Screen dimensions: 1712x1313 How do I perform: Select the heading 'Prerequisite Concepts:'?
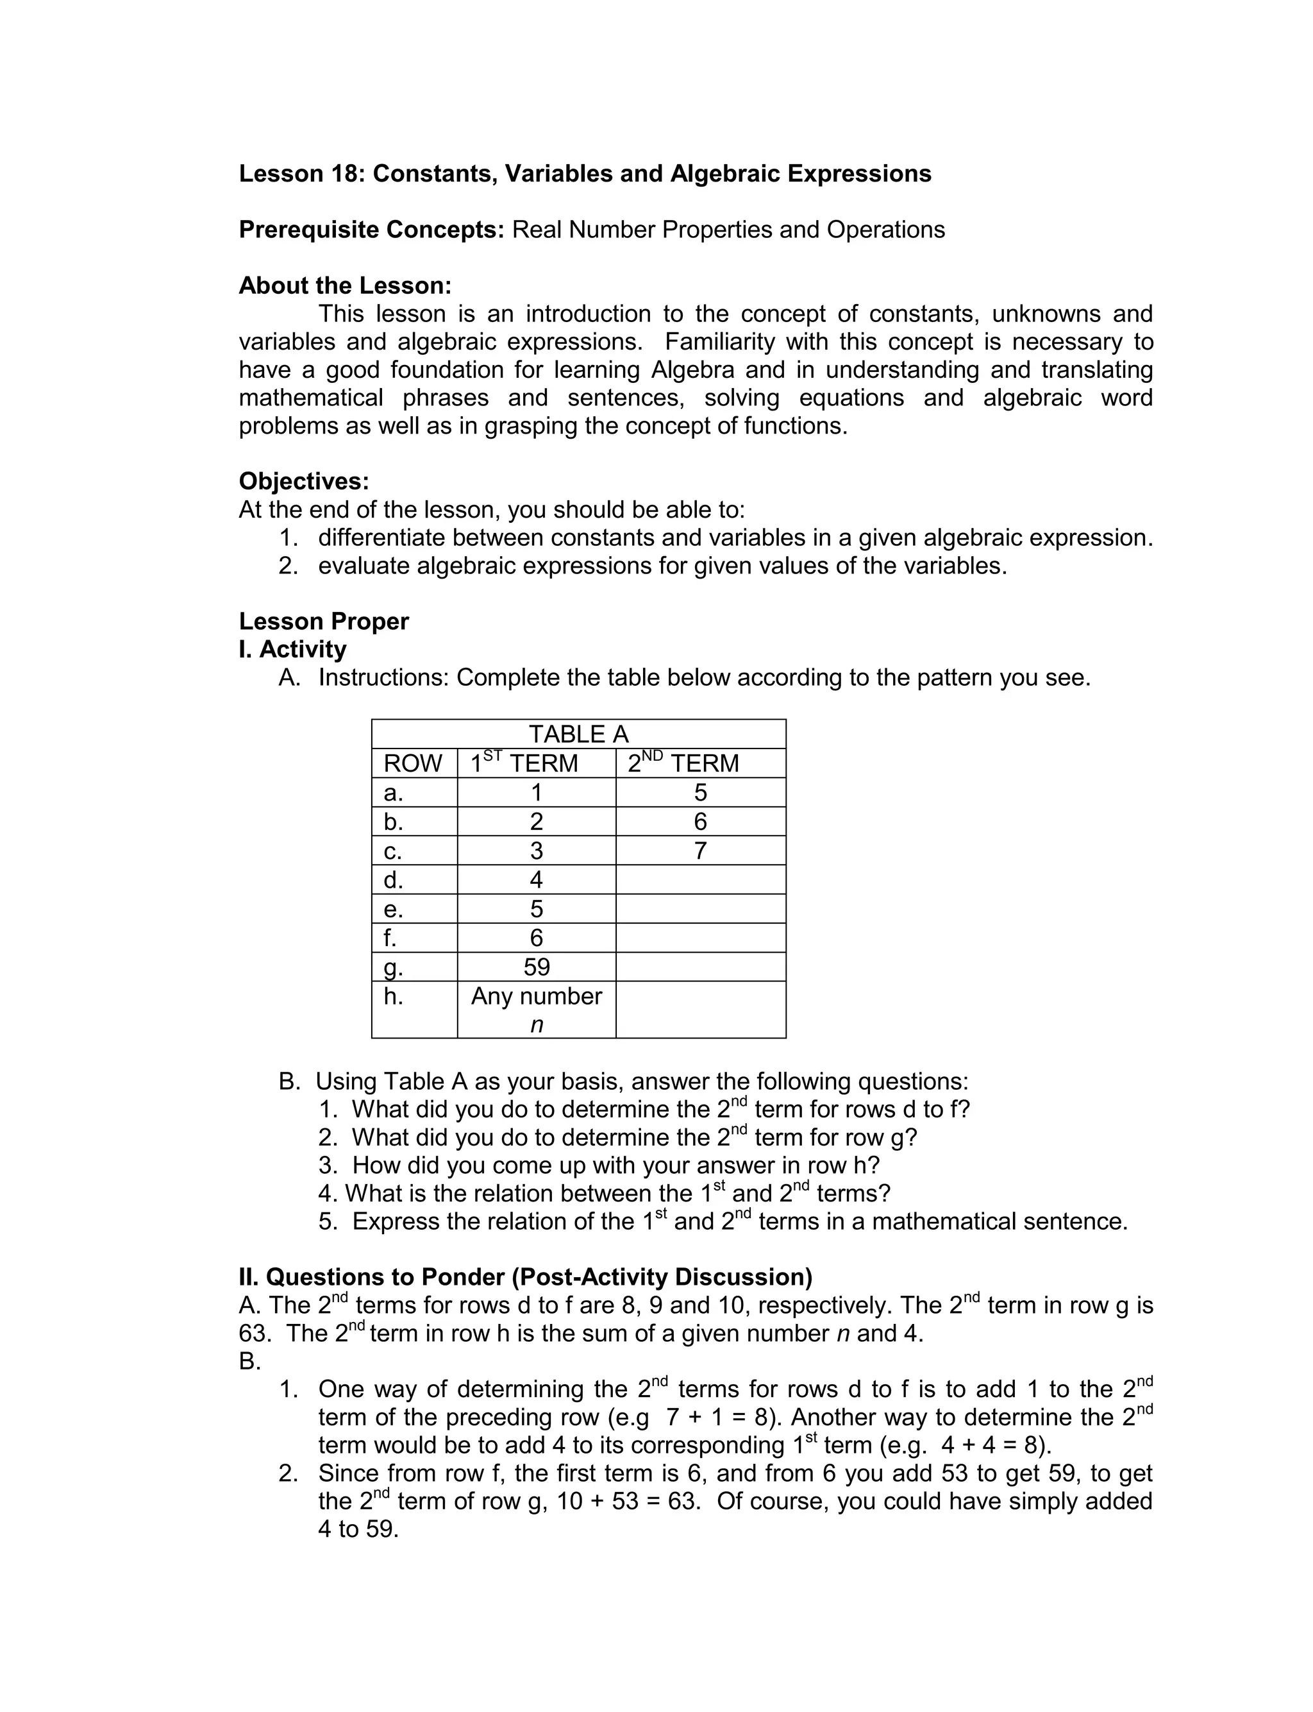(x=371, y=230)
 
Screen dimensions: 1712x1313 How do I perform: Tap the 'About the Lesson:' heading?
(x=345, y=285)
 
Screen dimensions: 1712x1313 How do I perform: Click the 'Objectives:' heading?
(x=303, y=481)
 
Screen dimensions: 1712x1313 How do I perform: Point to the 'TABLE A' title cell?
(x=578, y=734)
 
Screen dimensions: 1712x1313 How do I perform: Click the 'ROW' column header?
(x=413, y=763)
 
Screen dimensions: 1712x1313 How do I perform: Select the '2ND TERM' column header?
(x=683, y=763)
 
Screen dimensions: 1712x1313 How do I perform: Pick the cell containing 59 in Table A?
(x=536, y=967)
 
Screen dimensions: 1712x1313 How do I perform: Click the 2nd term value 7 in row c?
(x=699, y=851)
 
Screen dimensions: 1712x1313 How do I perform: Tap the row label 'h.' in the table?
(x=393, y=997)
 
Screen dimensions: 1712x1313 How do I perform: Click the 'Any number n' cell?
(x=536, y=1009)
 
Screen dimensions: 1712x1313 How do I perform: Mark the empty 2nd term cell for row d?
(x=699, y=879)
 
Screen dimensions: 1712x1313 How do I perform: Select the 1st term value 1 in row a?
(x=536, y=793)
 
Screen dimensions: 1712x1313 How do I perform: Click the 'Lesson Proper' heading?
(x=324, y=622)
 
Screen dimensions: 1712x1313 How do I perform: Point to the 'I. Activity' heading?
(x=292, y=649)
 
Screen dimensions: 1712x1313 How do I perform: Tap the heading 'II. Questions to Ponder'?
(x=525, y=1277)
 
